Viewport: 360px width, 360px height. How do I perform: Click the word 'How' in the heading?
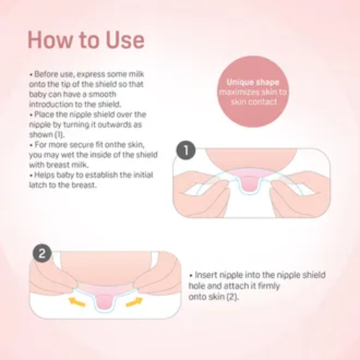tap(50, 40)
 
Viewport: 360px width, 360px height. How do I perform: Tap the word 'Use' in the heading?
tap(125, 40)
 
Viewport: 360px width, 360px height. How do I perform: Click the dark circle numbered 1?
tap(186, 150)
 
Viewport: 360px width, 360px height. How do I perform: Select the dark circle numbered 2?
tap(42, 253)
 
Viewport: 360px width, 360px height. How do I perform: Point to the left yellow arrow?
tap(77, 302)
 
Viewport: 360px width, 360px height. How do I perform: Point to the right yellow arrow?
tap(135, 302)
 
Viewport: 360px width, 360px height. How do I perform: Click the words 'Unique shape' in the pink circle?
tap(253, 82)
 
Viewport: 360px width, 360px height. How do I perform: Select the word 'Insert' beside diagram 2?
tap(206, 275)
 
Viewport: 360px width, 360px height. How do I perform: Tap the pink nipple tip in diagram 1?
tap(248, 184)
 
